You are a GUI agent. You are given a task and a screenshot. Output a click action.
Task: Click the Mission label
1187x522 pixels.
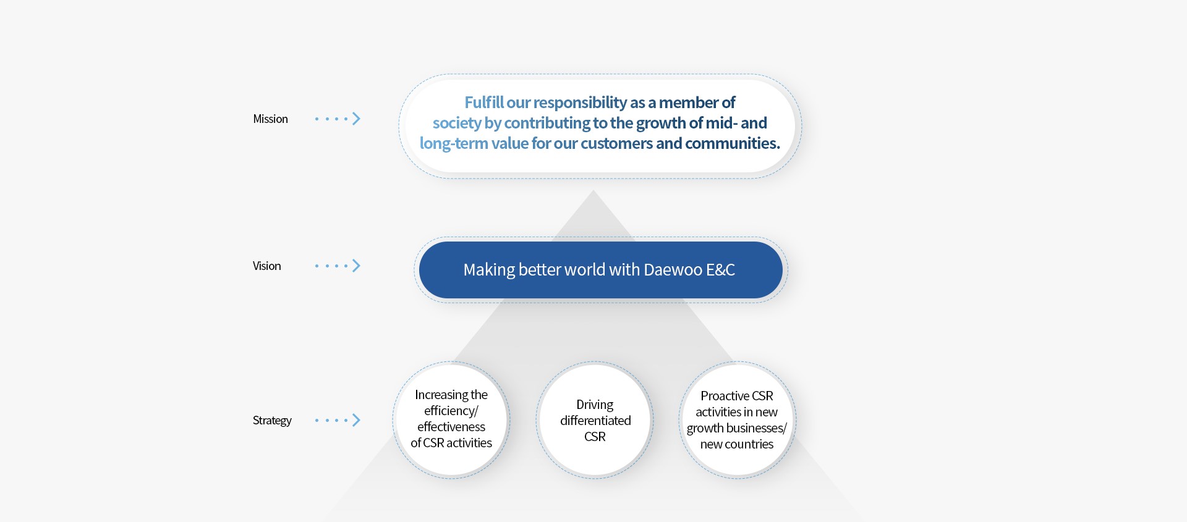(270, 119)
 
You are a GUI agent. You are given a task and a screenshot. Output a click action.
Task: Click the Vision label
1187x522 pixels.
(266, 266)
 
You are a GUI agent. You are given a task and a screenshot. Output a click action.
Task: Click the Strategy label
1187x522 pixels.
(272, 420)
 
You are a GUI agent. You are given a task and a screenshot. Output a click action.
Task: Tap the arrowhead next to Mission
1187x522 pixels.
(356, 119)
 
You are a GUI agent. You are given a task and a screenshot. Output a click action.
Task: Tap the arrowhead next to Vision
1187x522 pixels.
(356, 266)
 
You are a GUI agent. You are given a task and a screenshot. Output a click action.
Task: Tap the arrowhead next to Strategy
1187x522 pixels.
(356, 420)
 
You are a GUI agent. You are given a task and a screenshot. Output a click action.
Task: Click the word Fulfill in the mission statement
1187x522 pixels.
(484, 103)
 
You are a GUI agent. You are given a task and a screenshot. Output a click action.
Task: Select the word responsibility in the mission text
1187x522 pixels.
(580, 103)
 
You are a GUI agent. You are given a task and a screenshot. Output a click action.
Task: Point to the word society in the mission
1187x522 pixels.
(457, 124)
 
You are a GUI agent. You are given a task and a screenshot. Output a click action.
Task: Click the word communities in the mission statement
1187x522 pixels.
(732, 143)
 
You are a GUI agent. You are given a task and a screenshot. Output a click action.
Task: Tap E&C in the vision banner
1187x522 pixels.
(720, 270)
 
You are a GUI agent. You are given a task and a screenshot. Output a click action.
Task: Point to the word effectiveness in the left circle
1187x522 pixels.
(451, 427)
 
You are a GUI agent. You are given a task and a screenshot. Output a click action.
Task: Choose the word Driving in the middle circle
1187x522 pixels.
(595, 405)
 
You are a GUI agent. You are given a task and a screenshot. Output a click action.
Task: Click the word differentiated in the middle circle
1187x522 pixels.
(595, 421)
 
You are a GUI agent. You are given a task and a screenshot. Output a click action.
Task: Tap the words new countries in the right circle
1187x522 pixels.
(736, 444)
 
